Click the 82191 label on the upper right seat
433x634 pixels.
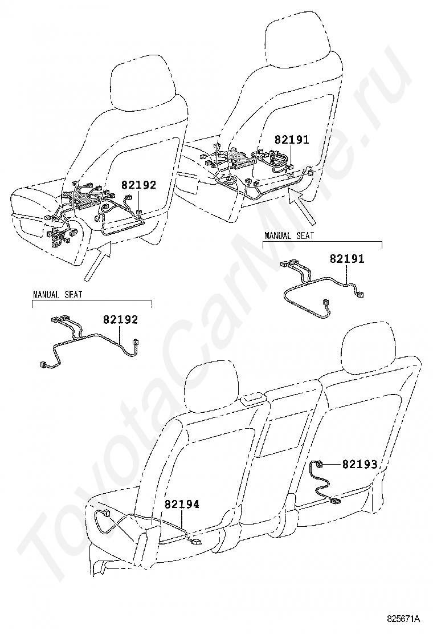pyautogui.click(x=292, y=140)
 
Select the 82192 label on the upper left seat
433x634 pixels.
pyautogui.click(x=138, y=185)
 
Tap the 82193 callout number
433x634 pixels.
pyautogui.click(x=360, y=464)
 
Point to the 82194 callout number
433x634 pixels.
pyautogui.click(x=181, y=504)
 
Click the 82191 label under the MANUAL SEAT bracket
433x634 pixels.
pyautogui.click(x=347, y=258)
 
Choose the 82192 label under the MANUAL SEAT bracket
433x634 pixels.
pyautogui.click(x=120, y=319)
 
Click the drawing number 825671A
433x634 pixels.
pyautogui.click(x=403, y=618)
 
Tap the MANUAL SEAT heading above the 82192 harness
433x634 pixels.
pyautogui.click(x=58, y=294)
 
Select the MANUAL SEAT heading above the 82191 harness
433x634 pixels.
pyautogui.click(x=289, y=235)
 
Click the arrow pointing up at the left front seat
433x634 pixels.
pyautogui.click(x=97, y=261)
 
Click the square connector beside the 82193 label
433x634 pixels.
pyautogui.click(x=318, y=464)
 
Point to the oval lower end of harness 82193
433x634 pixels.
pyautogui.click(x=335, y=502)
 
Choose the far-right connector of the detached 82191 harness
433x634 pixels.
pyautogui.click(x=359, y=294)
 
